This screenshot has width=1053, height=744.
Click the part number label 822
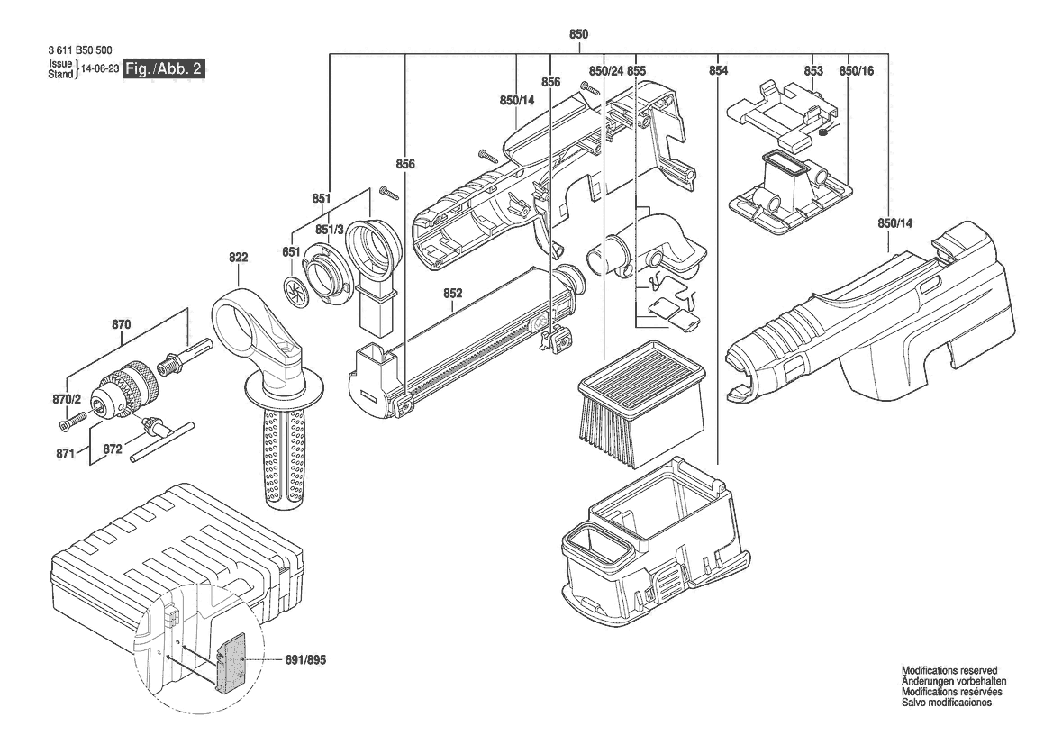point(239,258)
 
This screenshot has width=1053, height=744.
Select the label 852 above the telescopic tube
point(453,294)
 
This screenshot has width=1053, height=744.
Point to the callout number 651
point(291,252)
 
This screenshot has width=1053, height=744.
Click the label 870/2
point(67,400)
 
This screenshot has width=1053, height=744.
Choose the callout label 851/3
point(330,231)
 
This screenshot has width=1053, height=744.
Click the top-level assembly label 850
point(578,34)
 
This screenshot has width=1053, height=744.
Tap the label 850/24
point(606,70)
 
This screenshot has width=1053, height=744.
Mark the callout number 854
point(718,70)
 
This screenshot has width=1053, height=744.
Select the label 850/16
point(857,70)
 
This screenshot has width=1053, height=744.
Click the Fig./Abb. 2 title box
point(163,68)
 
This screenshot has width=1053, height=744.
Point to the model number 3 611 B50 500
point(80,50)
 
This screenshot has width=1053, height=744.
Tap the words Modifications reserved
point(949,670)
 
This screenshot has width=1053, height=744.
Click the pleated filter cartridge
point(641,404)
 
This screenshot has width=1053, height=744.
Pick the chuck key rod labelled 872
point(161,442)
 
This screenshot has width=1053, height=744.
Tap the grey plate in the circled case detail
point(231,662)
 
